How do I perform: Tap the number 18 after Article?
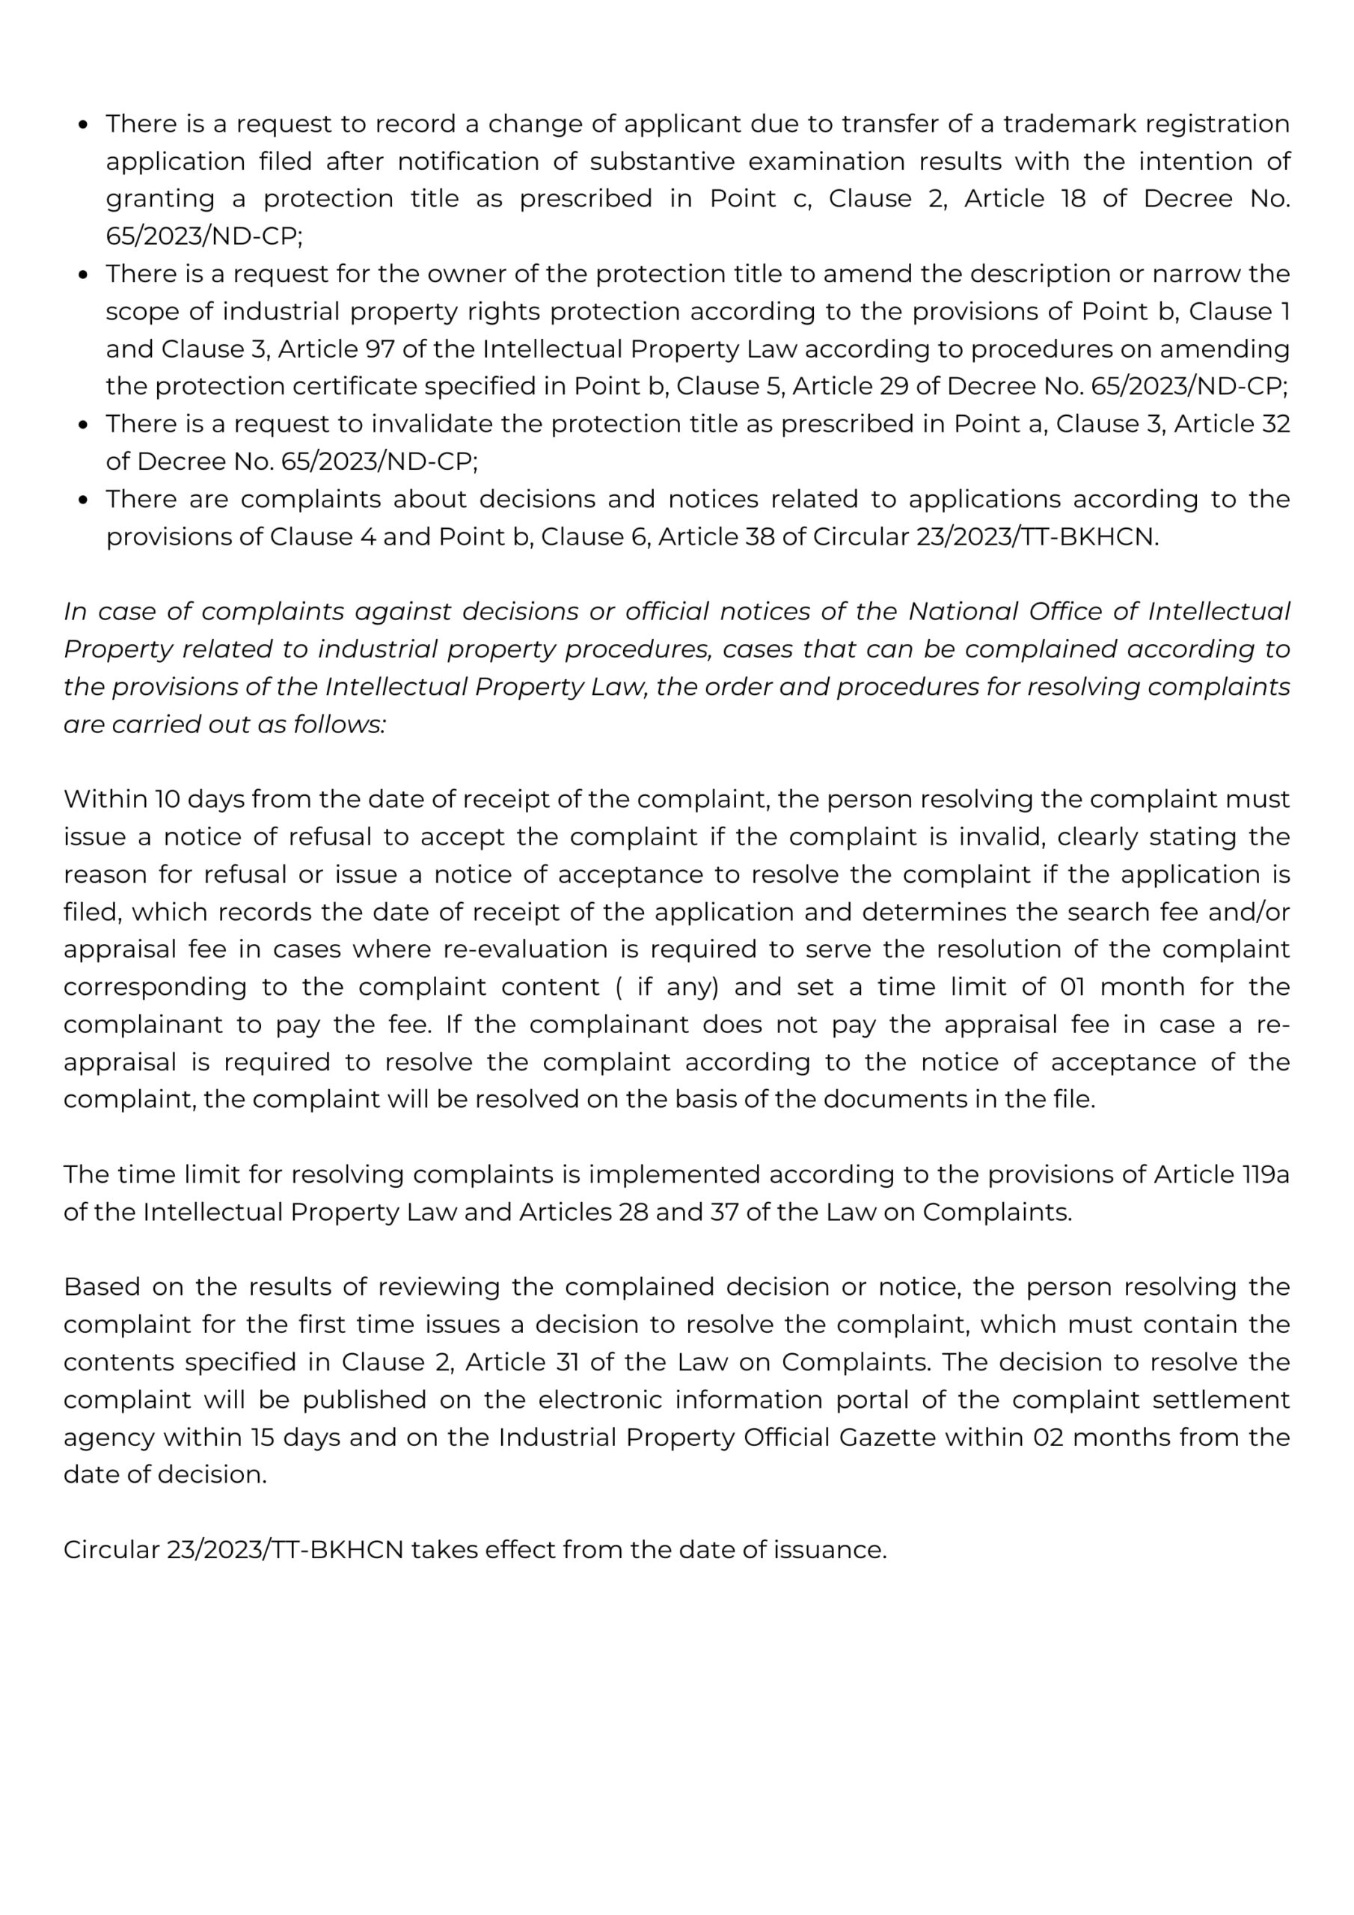tap(1073, 198)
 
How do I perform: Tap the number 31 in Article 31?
tap(568, 1362)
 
